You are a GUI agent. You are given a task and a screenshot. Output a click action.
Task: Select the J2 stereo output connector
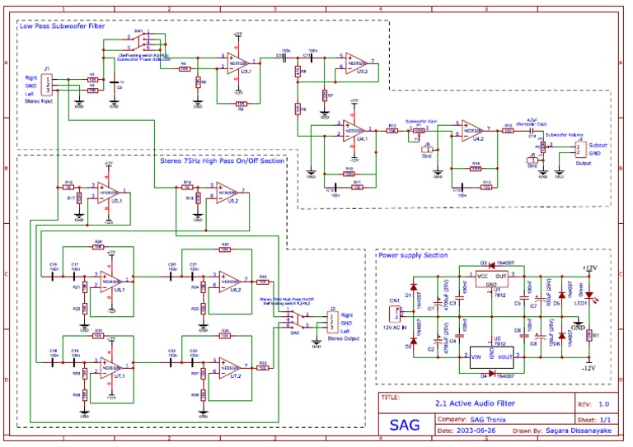point(331,322)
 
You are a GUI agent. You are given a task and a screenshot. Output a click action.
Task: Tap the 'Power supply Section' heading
point(414,255)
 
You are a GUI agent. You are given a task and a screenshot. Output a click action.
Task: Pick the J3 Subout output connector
point(578,147)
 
